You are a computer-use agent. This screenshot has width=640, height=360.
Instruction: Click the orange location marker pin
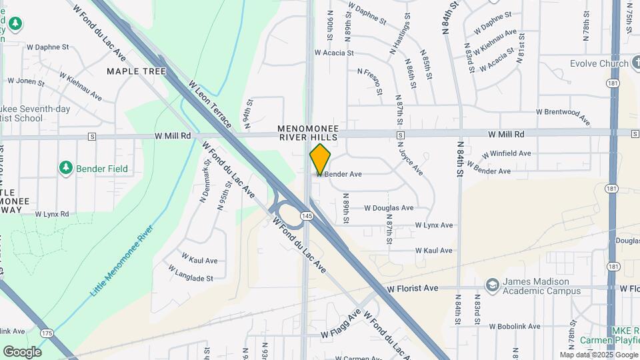click(x=320, y=159)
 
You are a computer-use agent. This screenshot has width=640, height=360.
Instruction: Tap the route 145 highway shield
click(x=306, y=215)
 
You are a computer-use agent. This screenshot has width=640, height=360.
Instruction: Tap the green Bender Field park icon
click(x=65, y=168)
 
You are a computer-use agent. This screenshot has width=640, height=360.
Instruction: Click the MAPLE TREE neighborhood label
click(x=136, y=71)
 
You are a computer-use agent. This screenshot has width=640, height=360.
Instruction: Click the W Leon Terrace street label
click(x=211, y=105)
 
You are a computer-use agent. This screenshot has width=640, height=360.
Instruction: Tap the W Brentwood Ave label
click(x=563, y=116)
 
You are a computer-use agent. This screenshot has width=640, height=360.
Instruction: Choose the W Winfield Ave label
click(x=506, y=153)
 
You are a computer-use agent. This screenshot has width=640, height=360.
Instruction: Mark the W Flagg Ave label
click(x=341, y=323)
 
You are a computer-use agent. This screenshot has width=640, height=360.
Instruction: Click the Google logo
click(x=22, y=351)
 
